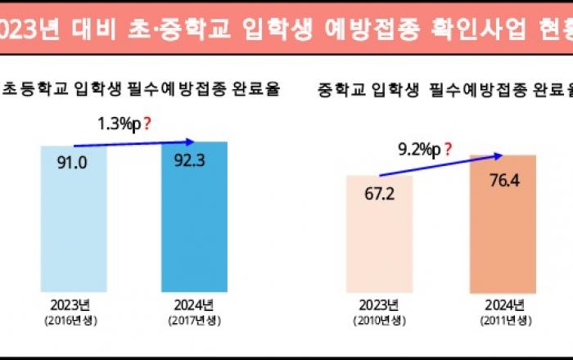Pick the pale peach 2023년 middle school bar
(380, 245)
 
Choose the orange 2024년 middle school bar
(502, 237)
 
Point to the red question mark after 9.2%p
(448, 149)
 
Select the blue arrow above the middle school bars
(438, 163)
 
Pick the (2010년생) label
(380, 320)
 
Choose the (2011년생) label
(502, 320)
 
